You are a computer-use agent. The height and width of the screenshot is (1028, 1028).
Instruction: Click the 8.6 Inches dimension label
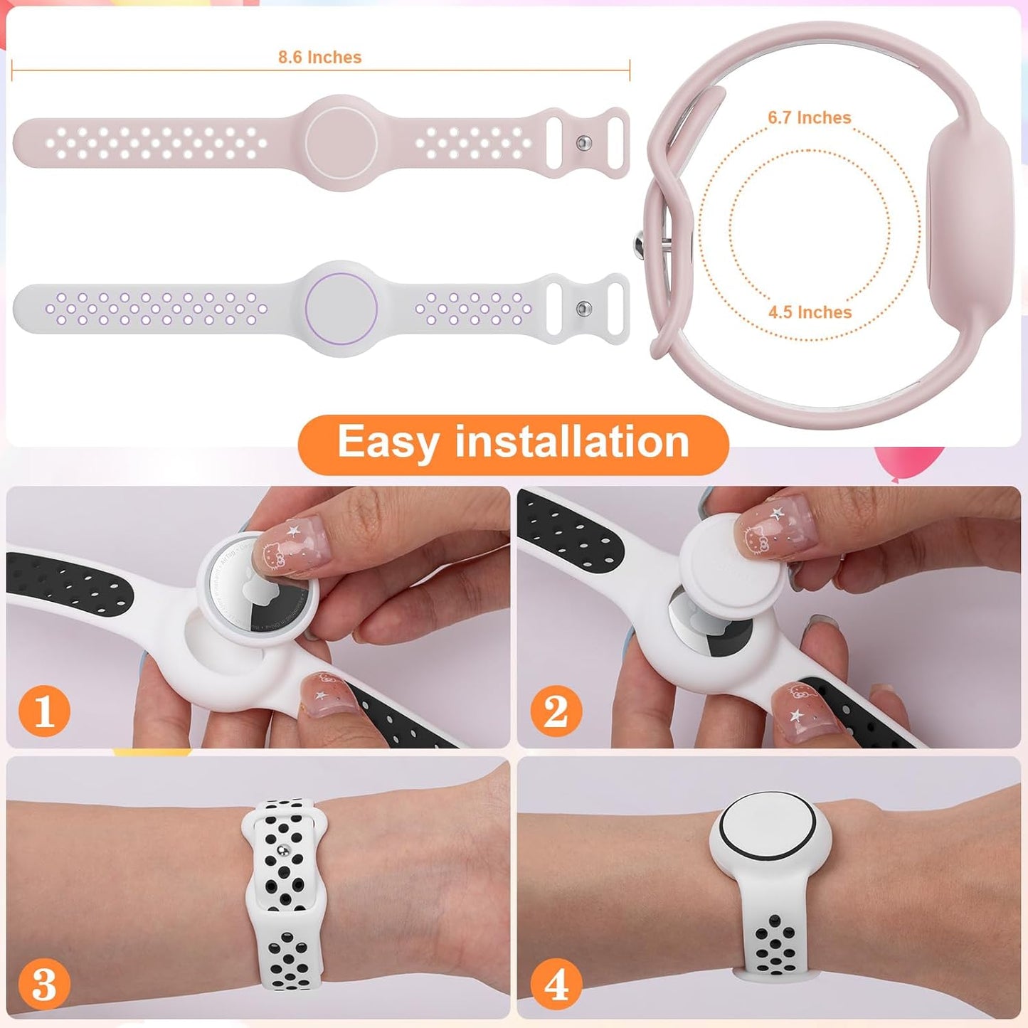pyautogui.click(x=319, y=57)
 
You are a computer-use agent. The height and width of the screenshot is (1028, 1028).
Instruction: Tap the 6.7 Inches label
pyautogui.click(x=809, y=117)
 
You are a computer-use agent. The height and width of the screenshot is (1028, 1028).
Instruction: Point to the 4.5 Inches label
pyautogui.click(x=810, y=312)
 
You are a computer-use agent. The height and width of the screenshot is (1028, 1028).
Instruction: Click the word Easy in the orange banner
pyautogui.click(x=387, y=443)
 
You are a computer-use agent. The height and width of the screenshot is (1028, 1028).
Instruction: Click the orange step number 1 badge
pyautogui.click(x=44, y=711)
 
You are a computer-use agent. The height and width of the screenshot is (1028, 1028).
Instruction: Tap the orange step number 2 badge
pyautogui.click(x=556, y=711)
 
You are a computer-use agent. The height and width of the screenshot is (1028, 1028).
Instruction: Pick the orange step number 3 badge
pyautogui.click(x=44, y=985)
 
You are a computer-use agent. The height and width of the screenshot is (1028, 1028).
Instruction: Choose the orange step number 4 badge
pyautogui.click(x=556, y=985)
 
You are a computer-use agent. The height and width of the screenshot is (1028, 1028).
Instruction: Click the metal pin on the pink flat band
pyautogui.click(x=584, y=143)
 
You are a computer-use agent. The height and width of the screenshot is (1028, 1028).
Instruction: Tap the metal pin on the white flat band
pyautogui.click(x=584, y=309)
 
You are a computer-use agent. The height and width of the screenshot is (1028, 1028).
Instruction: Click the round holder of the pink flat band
pyautogui.click(x=341, y=142)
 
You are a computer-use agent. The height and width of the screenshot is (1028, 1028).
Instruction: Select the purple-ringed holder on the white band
pyautogui.click(x=341, y=309)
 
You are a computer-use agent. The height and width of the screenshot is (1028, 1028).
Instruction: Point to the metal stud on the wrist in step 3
pyautogui.click(x=285, y=849)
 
